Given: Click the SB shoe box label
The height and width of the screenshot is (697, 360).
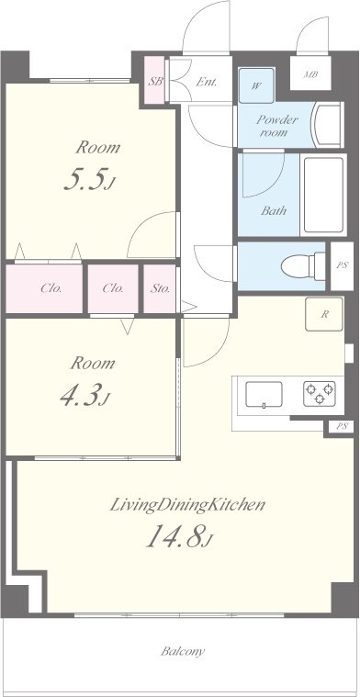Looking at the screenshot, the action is (x=155, y=82).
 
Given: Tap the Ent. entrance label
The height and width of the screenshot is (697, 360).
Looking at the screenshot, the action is (x=207, y=82).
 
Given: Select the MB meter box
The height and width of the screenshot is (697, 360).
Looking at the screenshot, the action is (x=310, y=73).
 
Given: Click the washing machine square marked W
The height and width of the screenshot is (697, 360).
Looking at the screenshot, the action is (x=256, y=85).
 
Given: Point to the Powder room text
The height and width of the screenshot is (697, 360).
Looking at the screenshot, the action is (x=277, y=126).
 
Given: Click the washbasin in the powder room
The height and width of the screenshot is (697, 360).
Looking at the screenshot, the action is (x=328, y=125).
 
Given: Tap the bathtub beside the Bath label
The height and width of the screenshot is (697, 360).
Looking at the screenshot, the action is (x=323, y=195).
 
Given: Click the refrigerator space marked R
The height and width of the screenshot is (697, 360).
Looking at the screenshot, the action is (x=324, y=314).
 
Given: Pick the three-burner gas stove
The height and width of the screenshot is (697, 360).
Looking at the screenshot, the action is (x=319, y=393).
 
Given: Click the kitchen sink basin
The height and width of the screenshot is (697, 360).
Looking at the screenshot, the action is (x=264, y=394).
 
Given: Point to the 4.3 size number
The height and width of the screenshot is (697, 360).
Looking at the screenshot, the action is (x=84, y=396).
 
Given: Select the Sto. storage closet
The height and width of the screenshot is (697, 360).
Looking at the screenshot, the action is (x=160, y=288).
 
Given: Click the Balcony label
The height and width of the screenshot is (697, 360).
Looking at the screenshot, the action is (x=183, y=652).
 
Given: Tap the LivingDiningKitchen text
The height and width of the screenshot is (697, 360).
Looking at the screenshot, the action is (x=187, y=504).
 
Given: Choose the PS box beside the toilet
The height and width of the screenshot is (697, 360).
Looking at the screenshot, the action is (x=342, y=265).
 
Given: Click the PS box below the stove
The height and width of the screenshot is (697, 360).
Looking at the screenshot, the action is (x=342, y=426).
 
